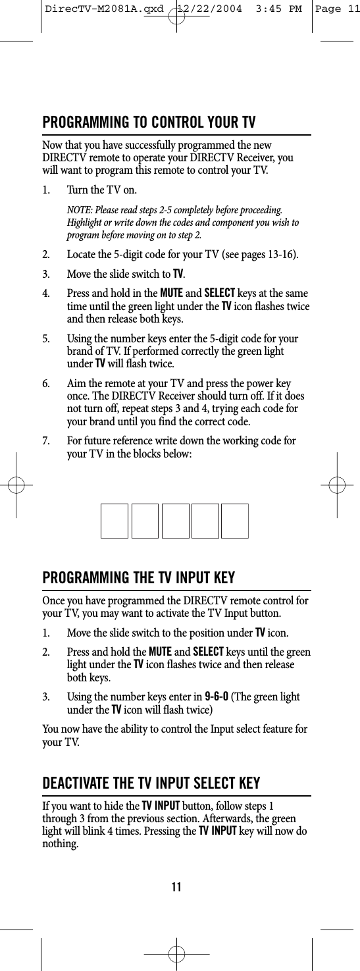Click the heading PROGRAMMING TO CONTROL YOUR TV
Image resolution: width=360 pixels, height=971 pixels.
pyautogui.click(x=149, y=123)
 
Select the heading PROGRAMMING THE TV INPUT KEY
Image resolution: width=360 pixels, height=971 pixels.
pyautogui.click(x=139, y=579)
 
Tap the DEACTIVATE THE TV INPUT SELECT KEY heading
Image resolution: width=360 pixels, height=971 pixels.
pyautogui.click(x=151, y=783)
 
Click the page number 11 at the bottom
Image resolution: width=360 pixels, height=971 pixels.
pyautogui.click(x=176, y=887)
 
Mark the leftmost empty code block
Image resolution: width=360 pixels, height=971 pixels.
pyautogui.click(x=115, y=521)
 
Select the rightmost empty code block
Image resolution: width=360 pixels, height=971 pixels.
pyautogui.click(x=235, y=521)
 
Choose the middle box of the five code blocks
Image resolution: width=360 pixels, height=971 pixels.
pyautogui.click(x=175, y=521)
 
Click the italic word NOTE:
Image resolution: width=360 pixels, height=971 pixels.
pyautogui.click(x=80, y=209)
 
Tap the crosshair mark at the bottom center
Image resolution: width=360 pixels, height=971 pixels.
pyautogui.click(x=176, y=953)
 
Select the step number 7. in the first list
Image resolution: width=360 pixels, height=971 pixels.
pyautogui.click(x=46, y=440)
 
